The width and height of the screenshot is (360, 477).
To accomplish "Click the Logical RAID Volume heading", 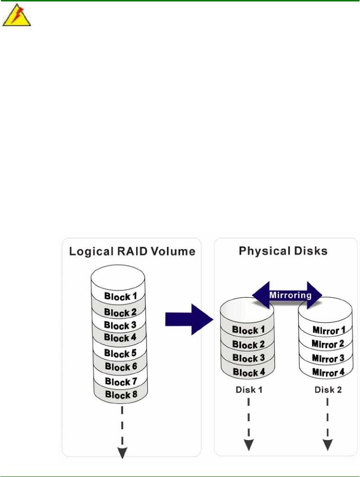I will [x=132, y=251].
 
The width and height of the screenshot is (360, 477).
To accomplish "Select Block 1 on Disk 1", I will [x=246, y=331].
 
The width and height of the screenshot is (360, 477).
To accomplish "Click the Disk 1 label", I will [x=247, y=391].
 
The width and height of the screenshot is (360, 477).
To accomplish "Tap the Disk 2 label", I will [x=326, y=391].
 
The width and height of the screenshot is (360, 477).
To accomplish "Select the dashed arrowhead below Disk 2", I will [x=327, y=445].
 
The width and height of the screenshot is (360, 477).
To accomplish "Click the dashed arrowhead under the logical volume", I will [x=122, y=453].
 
